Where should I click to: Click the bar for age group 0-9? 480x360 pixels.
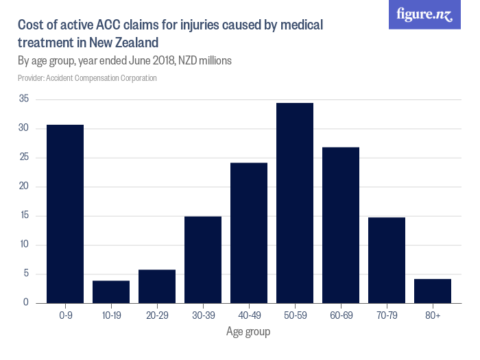tap(65, 214)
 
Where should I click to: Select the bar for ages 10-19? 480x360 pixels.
tap(111, 291)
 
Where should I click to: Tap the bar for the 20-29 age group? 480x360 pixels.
tap(157, 286)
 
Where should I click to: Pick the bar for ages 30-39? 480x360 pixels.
tap(203, 259)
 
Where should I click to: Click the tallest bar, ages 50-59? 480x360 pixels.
tap(295, 203)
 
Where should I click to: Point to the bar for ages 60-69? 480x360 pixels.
tap(341, 225)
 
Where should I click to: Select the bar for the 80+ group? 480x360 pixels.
tap(433, 291)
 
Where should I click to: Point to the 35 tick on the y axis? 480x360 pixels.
tap(23, 99)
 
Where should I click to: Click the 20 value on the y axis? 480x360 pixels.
tap(23, 187)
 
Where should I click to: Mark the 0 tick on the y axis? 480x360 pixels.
tap(26, 303)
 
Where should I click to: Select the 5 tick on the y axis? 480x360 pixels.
tap(26, 274)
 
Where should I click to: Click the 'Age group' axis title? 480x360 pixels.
tap(248, 332)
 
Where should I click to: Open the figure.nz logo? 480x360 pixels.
tap(425, 15)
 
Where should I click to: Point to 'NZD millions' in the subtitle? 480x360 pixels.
tap(205, 60)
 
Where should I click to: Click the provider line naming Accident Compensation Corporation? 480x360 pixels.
tap(87, 78)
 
